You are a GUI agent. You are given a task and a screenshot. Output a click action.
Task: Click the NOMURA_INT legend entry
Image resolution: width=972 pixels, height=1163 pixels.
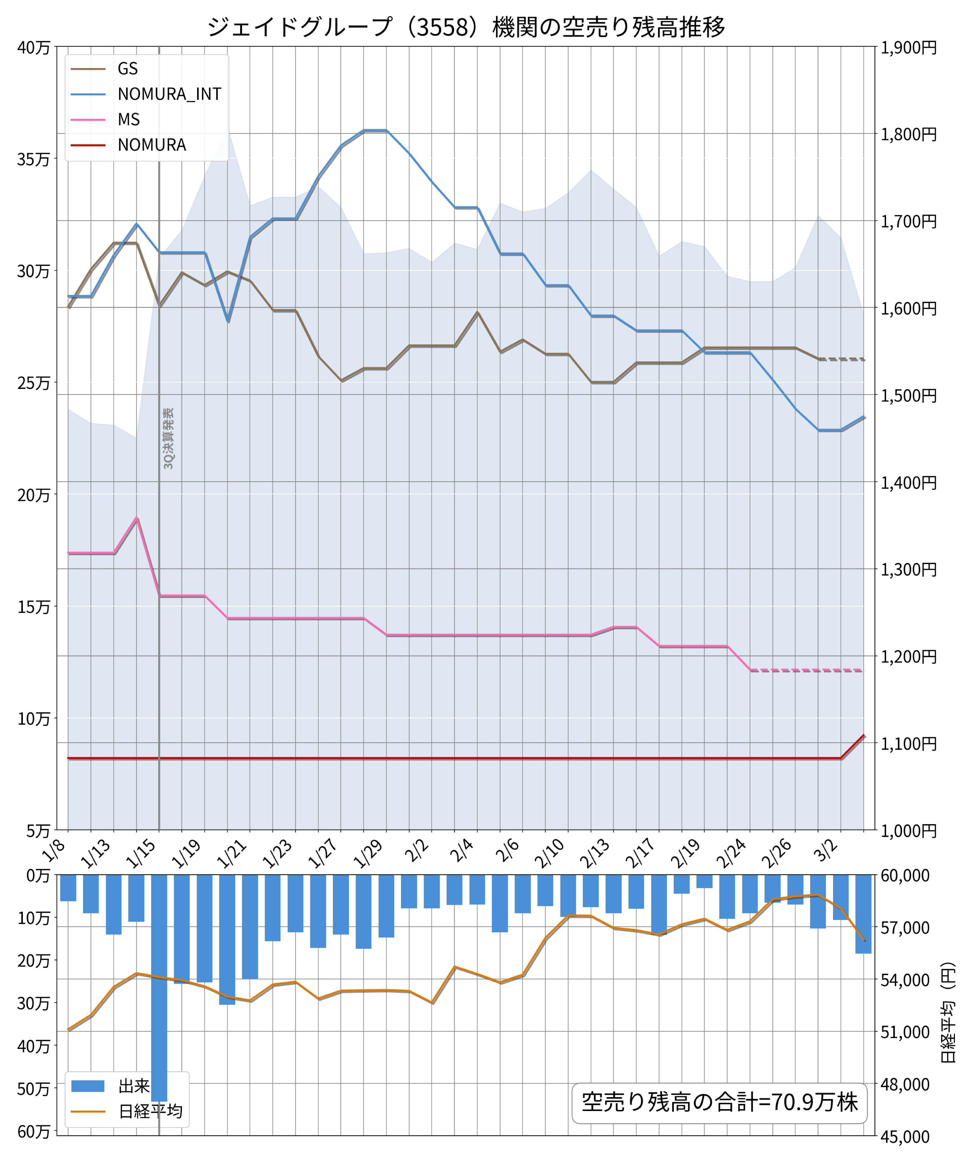click(169, 94)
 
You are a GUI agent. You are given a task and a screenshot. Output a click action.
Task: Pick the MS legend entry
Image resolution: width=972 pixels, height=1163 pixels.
click(129, 119)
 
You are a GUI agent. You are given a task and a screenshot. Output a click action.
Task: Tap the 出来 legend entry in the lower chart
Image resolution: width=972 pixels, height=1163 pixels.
click(133, 1086)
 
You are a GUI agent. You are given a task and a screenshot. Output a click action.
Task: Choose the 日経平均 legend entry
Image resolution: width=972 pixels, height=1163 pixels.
click(150, 1112)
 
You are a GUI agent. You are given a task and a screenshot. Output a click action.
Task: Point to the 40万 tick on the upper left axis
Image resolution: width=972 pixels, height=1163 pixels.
click(33, 47)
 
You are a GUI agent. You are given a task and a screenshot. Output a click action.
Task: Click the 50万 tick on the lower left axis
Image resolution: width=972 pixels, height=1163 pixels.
click(33, 1089)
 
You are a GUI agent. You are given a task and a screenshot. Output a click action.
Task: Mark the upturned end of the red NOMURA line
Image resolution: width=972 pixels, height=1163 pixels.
click(863, 736)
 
